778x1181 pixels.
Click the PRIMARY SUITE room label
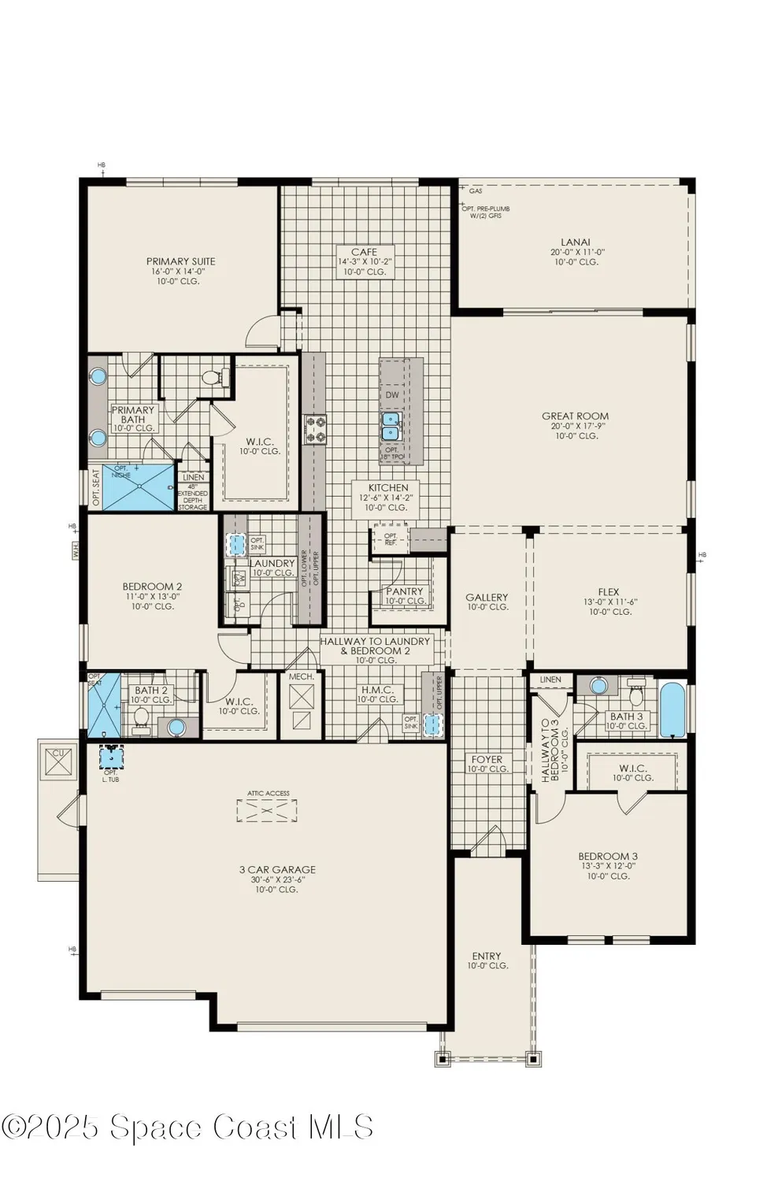point(180,261)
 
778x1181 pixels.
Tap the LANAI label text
point(576,242)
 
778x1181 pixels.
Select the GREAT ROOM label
point(575,416)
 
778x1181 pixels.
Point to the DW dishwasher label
point(392,395)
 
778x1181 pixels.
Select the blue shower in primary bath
point(138,487)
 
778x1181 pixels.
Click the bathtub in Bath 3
point(672,709)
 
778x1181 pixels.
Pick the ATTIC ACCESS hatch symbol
point(267,810)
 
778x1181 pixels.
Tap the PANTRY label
point(405,591)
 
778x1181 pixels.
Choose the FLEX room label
point(609,592)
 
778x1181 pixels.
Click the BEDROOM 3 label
point(608,857)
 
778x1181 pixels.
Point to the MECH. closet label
point(302,677)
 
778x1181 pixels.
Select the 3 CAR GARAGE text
point(277,870)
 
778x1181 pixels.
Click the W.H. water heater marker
point(76,552)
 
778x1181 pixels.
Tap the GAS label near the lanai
point(476,191)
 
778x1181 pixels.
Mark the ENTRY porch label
point(487,956)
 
